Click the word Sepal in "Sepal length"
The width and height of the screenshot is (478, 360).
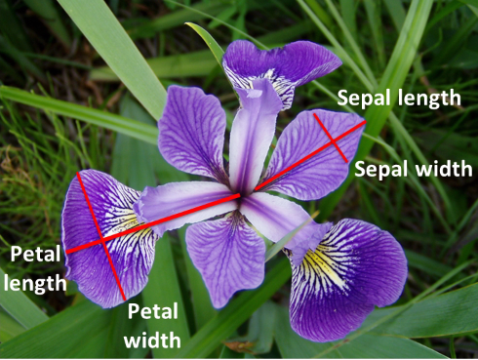[x=362, y=98]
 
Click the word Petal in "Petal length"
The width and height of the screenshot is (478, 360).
[x=35, y=256]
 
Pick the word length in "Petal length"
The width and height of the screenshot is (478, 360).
[x=37, y=283]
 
